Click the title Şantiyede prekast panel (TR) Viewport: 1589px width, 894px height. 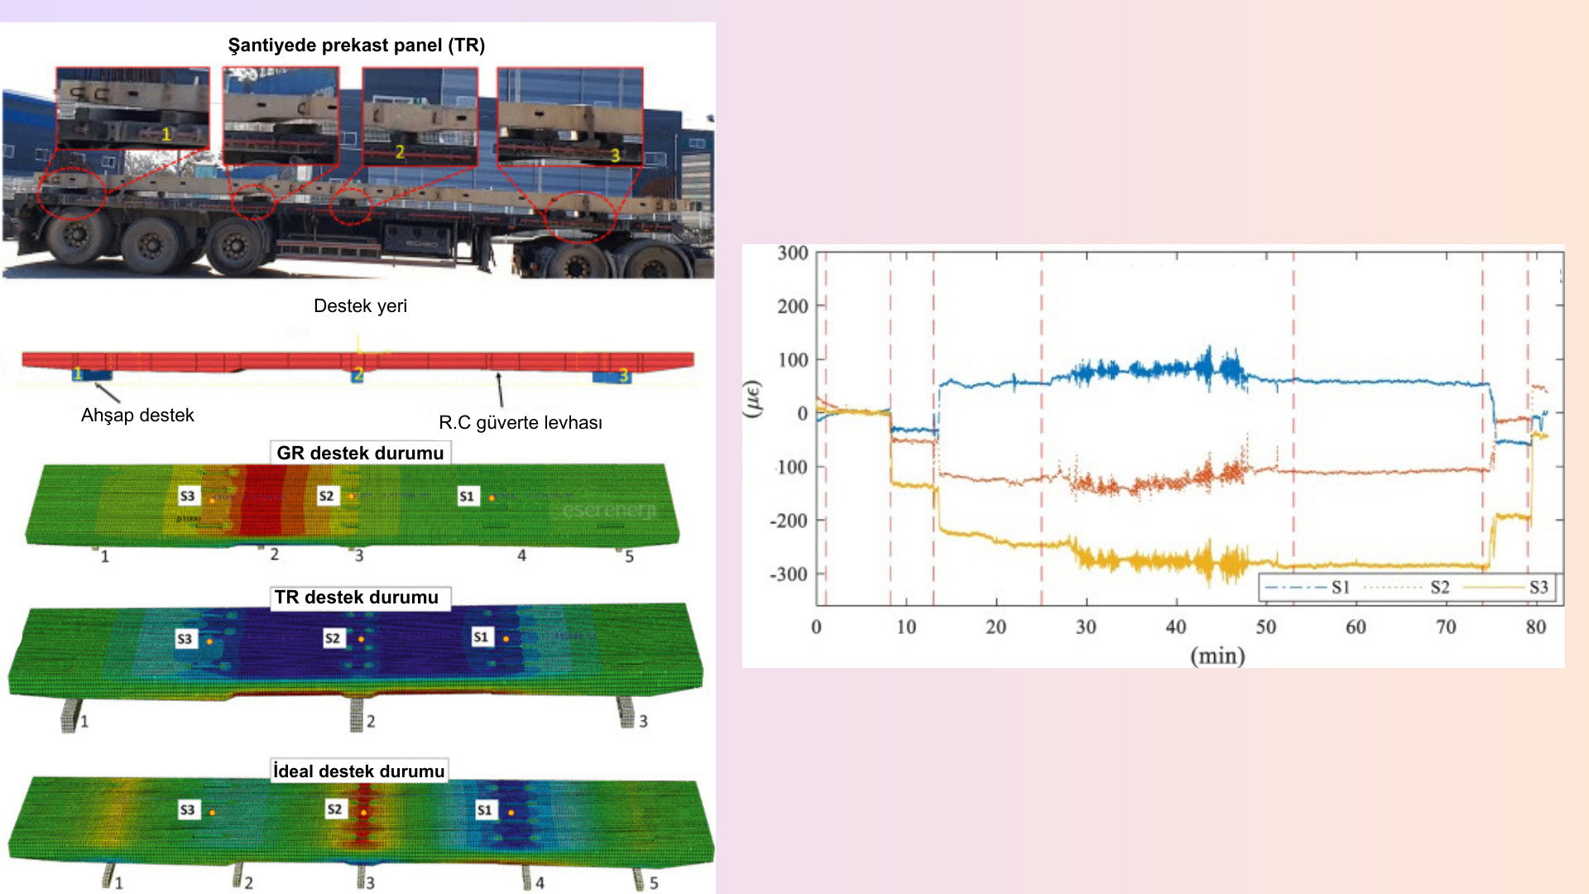point(357,46)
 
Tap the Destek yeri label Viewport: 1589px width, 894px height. point(360,306)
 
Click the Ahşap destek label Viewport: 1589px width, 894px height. point(137,416)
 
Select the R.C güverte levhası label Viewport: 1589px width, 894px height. point(520,423)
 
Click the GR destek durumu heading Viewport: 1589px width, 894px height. point(360,454)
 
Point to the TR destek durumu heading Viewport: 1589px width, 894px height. point(357,598)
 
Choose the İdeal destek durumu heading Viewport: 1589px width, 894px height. point(359,771)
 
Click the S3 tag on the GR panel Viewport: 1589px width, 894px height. point(188,496)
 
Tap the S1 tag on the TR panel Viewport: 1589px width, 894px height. point(481,637)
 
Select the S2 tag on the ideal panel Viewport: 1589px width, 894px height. point(334,809)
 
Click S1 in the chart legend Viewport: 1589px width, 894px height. point(1341,588)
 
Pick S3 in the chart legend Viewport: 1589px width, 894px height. point(1539,588)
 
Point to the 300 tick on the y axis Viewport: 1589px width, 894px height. point(792,253)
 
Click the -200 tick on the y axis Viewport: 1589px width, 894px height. point(789,521)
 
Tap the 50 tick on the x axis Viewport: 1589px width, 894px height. point(1265,627)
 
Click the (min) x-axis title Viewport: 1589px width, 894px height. point(1217,656)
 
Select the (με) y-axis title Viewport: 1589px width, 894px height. point(753,399)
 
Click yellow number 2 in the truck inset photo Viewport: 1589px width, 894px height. point(400,152)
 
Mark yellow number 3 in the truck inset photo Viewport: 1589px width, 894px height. point(615,155)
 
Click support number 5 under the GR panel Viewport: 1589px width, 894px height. point(629,557)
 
